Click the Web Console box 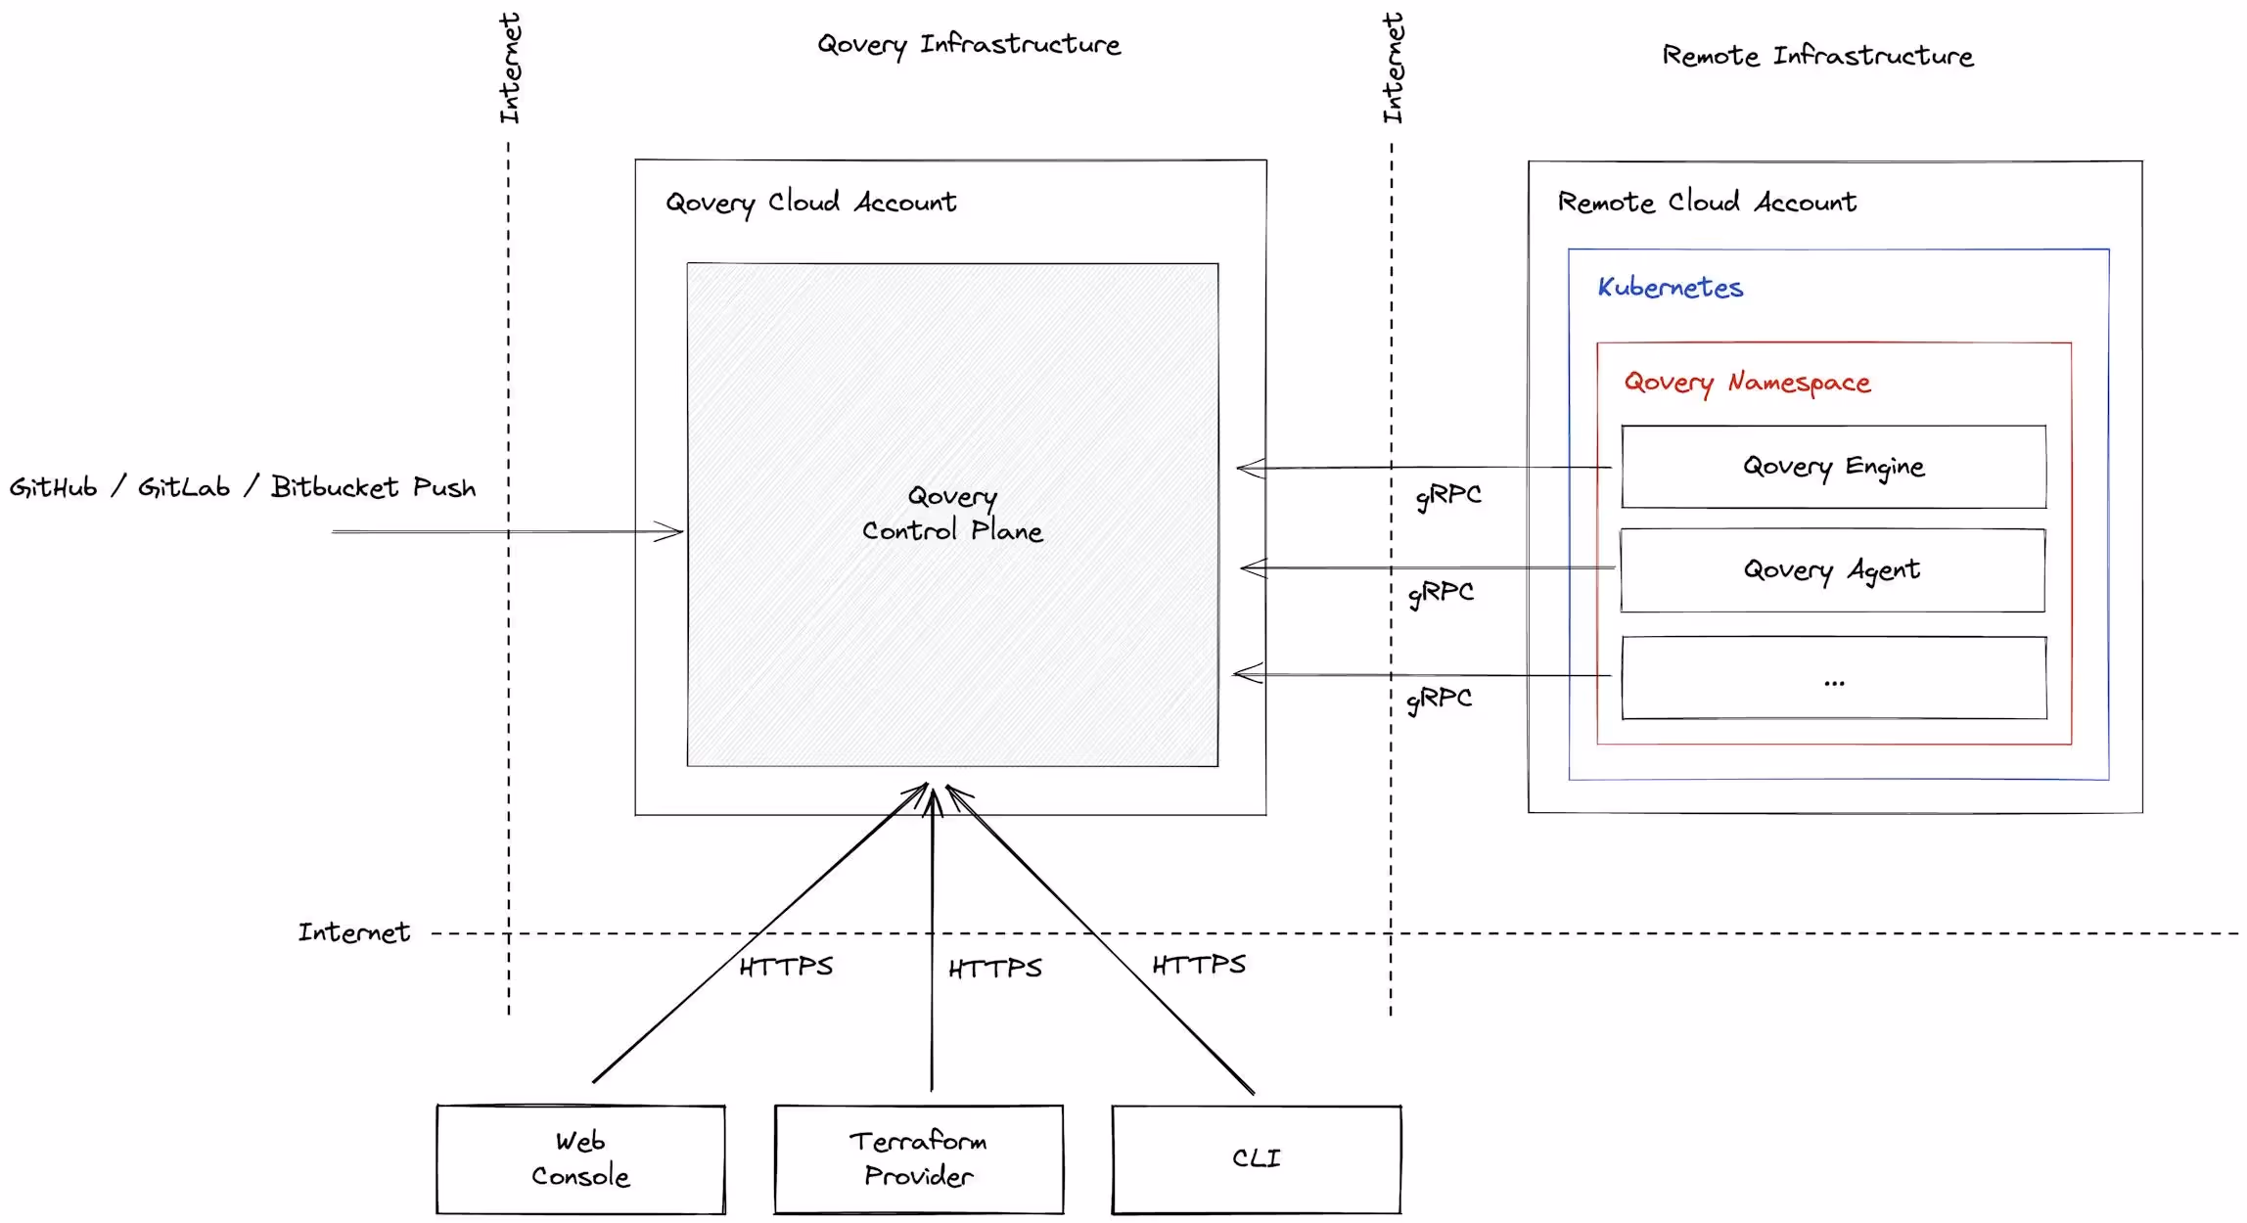pos(580,1159)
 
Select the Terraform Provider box pos(918,1159)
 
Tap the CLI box pos(1257,1159)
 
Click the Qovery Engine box pos(1833,467)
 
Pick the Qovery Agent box pos(1832,570)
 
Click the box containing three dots pos(1834,678)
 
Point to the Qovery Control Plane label pos(952,514)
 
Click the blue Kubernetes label pos(1671,288)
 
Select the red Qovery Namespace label pos(1747,383)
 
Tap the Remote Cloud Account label pos(1707,203)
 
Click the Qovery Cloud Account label pos(811,203)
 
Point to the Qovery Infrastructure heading pos(969,45)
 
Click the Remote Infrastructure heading pos(1817,56)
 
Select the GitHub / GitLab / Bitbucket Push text pos(243,487)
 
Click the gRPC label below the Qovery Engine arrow pos(1448,496)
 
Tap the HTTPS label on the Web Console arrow pos(786,968)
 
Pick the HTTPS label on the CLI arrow pos(1199,966)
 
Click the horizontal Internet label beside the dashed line pos(354,932)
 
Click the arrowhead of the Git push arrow pos(675,532)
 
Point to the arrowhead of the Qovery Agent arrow pos(1248,567)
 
